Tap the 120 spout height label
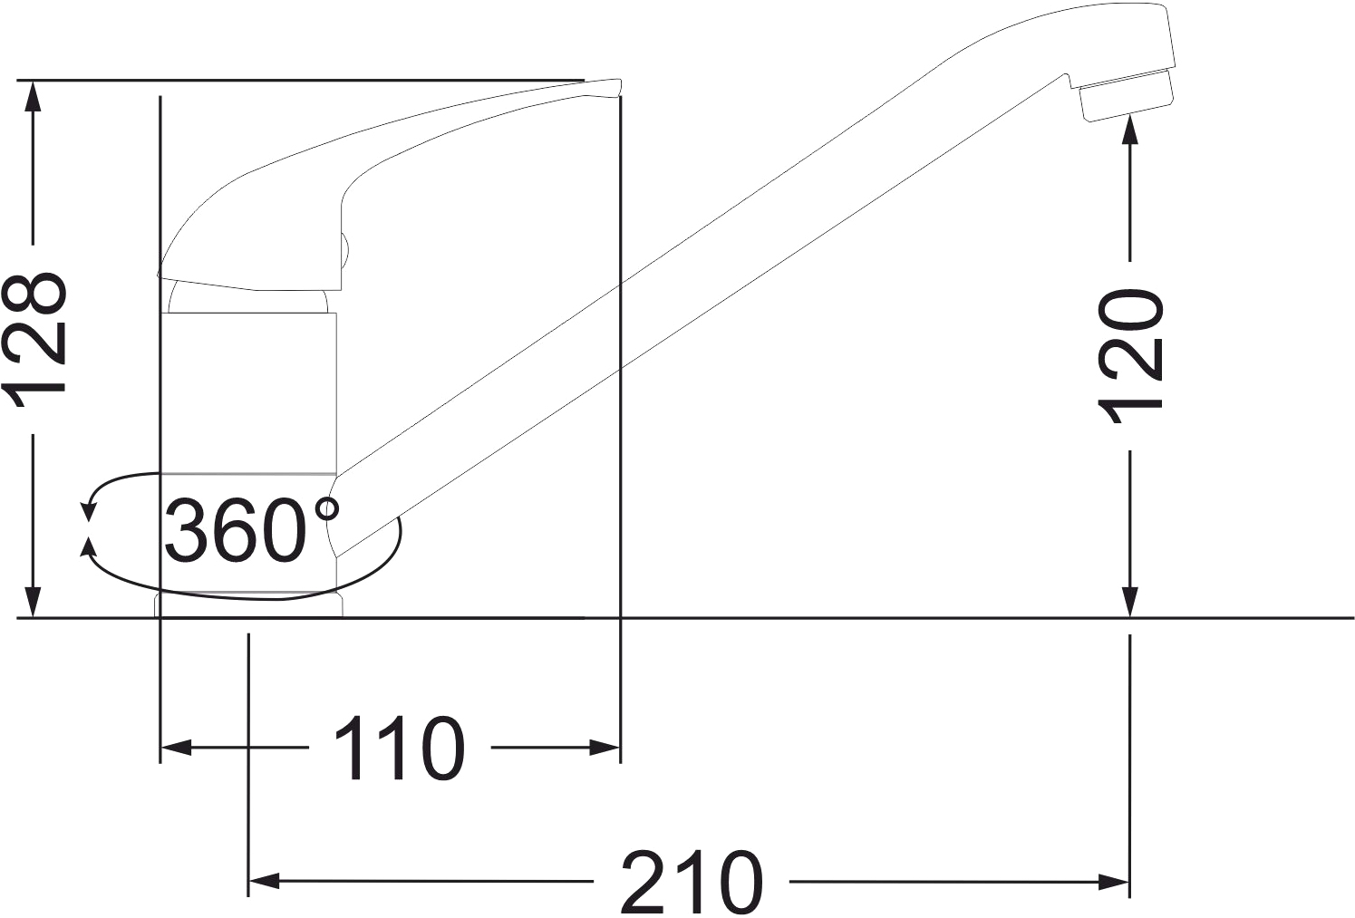1130,356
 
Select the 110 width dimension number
399,748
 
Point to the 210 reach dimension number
691,881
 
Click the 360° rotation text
252,529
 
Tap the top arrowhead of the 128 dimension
34,96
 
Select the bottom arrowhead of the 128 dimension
34,602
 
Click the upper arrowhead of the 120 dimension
1130,129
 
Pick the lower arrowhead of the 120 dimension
1130,602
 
